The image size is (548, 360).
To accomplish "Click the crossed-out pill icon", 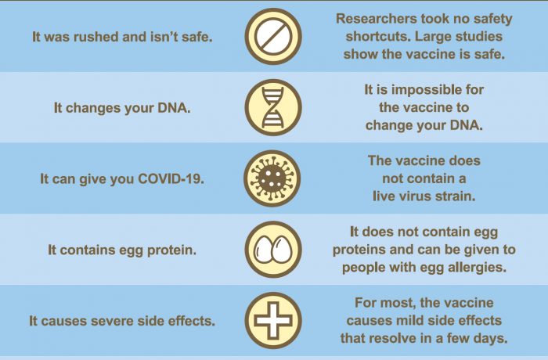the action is pos(273,36).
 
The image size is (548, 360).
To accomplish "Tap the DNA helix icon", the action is pos(273,107).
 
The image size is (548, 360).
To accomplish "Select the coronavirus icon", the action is pos(272,178).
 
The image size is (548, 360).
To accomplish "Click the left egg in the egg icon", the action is pos(264,249).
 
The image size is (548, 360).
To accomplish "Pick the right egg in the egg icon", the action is pos(283,249).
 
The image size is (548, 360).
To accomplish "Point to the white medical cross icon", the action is pos(273,321).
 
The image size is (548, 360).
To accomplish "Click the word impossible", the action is pos(421,89).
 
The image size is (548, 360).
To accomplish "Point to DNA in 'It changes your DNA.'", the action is pos(174,108).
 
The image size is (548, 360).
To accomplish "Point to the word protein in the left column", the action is pos(171,250).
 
